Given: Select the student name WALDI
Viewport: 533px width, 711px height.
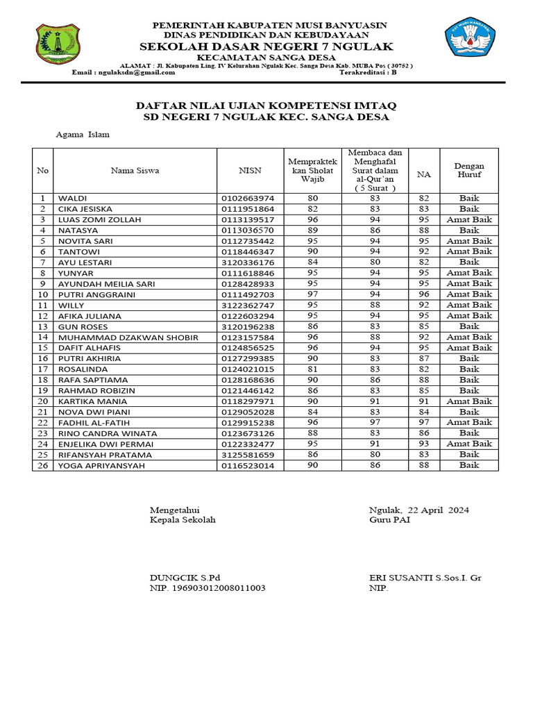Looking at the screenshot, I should pyautogui.click(x=73, y=198).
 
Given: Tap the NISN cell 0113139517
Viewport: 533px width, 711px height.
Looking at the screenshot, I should pyautogui.click(x=248, y=219).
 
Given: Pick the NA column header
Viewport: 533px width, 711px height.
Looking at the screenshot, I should pyautogui.click(x=423, y=175).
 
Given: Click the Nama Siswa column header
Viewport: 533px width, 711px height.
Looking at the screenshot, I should pyautogui.click(x=135, y=170).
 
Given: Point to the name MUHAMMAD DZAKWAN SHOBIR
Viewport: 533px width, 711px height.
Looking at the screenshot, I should pyautogui.click(x=128, y=337).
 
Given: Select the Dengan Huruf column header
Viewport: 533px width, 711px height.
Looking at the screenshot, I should pyautogui.click(x=469, y=170).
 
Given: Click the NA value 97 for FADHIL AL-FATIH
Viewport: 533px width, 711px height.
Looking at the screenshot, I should pyautogui.click(x=423, y=422).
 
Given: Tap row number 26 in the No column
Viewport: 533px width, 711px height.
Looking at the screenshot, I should pyautogui.click(x=43, y=465).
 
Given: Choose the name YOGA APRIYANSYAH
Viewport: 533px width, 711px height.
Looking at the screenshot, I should pyautogui.click(x=101, y=465).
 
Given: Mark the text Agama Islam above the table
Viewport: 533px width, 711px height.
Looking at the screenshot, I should pyautogui.click(x=83, y=135).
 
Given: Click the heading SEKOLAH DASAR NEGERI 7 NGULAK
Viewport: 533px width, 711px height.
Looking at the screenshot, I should pyautogui.click(x=266, y=46).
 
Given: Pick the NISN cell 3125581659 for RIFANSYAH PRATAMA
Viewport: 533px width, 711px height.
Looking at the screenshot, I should pyautogui.click(x=248, y=455).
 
